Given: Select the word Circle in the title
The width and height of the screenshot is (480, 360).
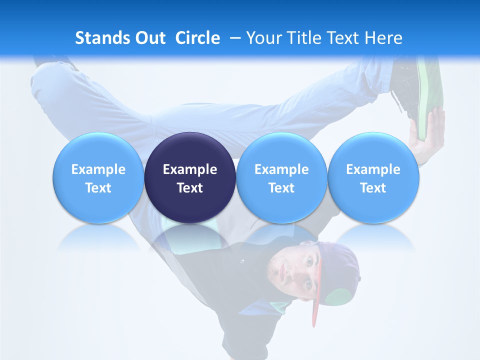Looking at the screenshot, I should (197, 38).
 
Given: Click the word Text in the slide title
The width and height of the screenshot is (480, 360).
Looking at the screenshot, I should (346, 38).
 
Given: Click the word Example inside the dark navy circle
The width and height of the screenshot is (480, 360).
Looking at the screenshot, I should (190, 169).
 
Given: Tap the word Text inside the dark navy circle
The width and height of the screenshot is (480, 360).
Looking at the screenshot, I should (190, 188).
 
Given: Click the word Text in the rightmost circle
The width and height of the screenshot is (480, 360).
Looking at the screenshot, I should (373, 188).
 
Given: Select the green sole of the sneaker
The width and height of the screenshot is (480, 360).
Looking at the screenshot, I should (424, 95).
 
